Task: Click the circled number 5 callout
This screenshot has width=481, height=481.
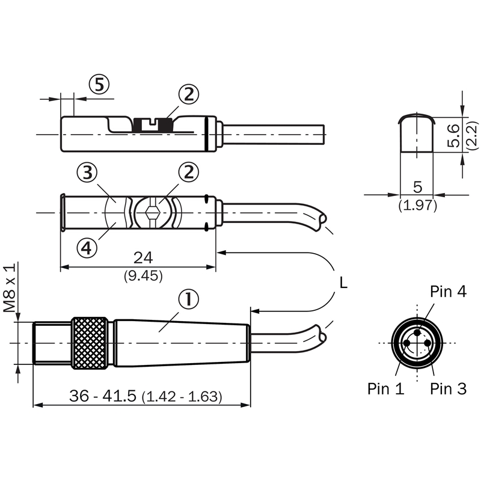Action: pos(100,85)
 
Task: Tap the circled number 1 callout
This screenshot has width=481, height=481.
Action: pos(189,299)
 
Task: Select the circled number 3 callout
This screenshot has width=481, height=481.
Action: pos(87,173)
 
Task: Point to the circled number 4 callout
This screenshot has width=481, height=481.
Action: pos(87,247)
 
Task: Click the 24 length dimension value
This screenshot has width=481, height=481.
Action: pos(143,257)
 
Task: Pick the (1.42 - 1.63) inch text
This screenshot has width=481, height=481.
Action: pos(182,397)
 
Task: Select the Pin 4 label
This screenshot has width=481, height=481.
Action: pos(448,292)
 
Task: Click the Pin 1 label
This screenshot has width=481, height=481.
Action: pos(385,388)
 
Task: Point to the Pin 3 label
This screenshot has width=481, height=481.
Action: pos(448,388)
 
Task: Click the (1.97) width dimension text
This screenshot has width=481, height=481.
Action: pos(417,206)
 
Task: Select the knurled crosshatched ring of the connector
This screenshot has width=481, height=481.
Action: pos(90,342)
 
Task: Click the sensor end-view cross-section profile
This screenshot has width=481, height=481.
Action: pos(417,133)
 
